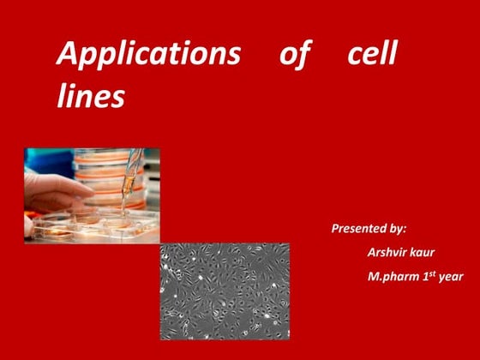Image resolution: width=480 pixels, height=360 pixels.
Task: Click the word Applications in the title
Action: tap(148, 55)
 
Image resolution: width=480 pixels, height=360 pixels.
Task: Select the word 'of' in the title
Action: tap(296, 55)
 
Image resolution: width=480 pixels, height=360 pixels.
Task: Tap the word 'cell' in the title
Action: tap(372, 55)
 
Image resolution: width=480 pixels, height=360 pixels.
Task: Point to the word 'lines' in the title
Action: tap(90, 96)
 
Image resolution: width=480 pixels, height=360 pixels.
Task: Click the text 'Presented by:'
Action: tap(369, 229)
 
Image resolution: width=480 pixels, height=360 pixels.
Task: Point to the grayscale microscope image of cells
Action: tap(224, 291)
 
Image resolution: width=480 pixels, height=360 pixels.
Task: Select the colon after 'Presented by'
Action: tap(405, 230)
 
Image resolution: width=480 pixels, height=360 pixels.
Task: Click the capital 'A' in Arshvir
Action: tap(371, 253)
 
